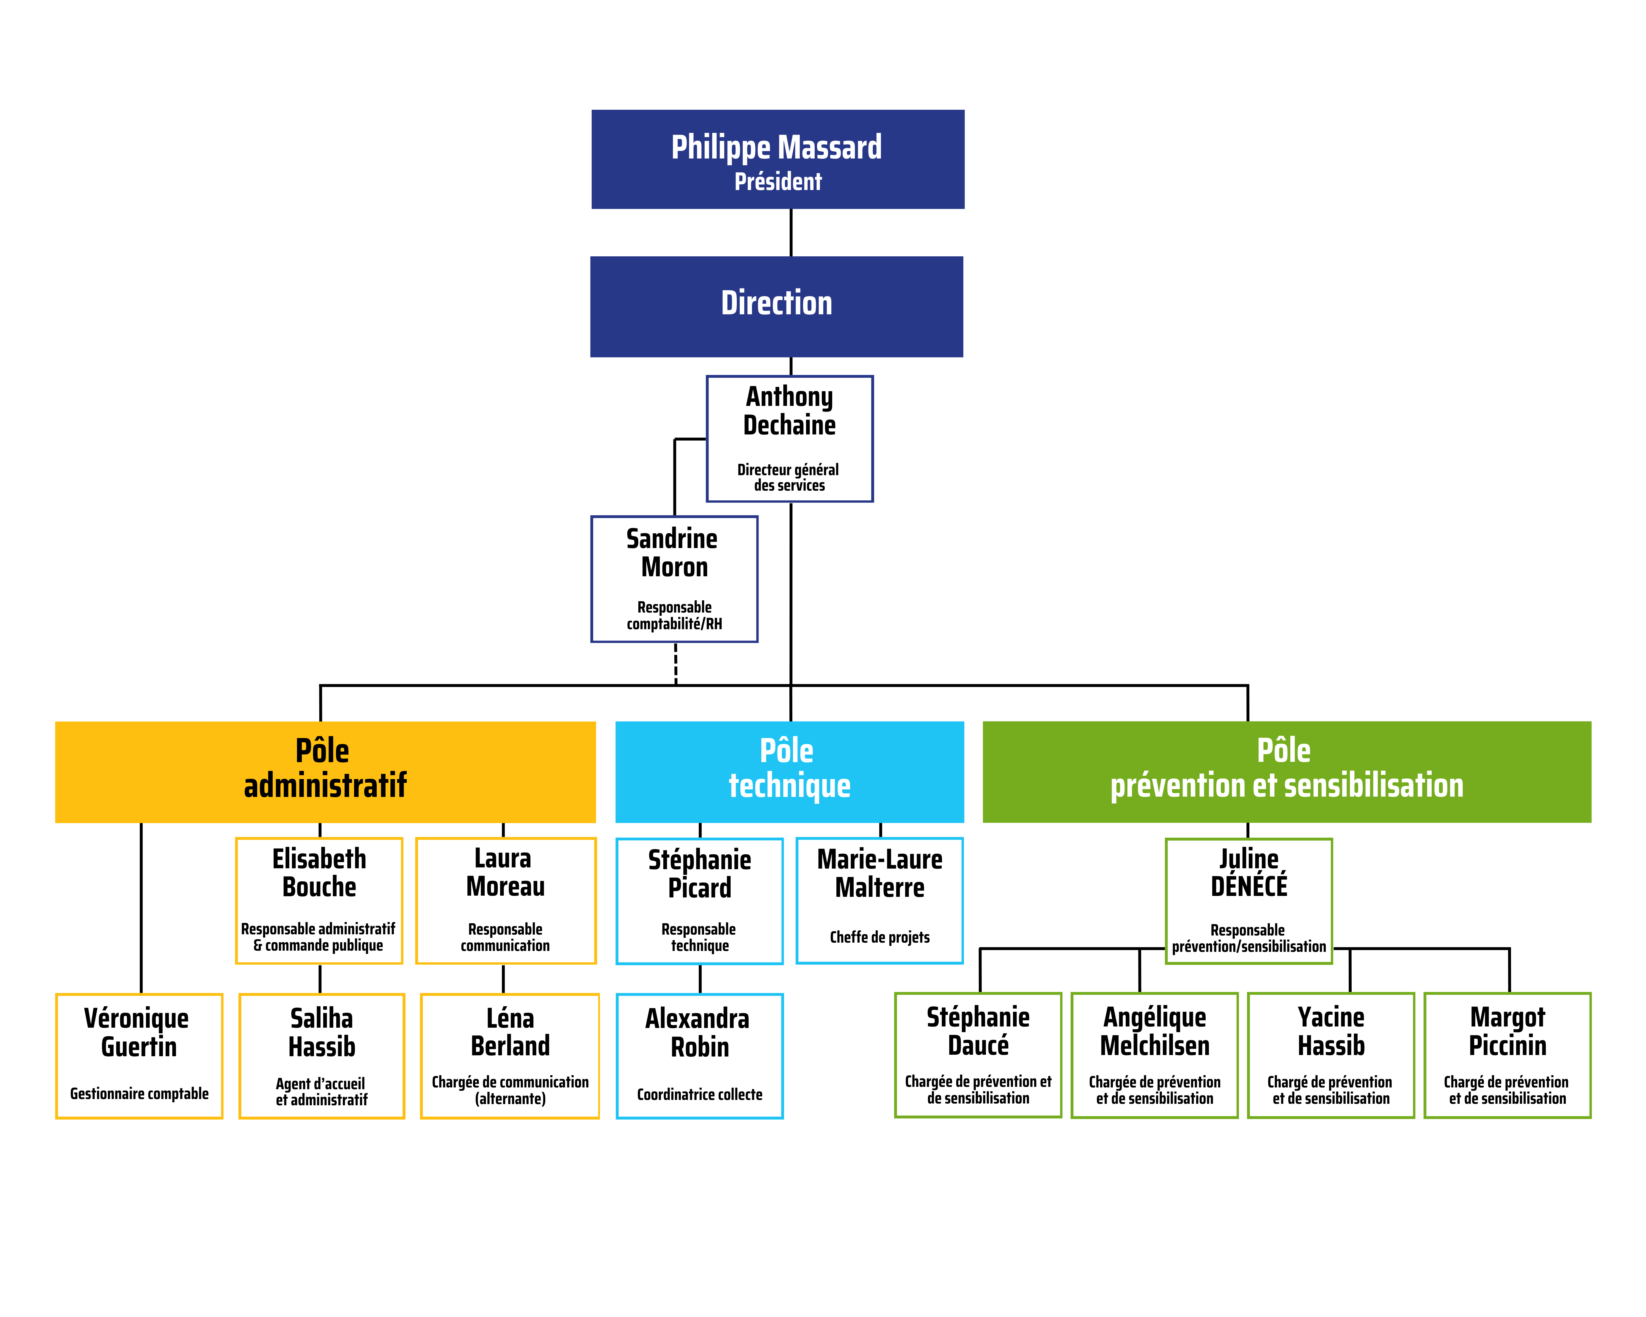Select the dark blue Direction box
tap(776, 306)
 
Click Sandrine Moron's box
tap(674, 579)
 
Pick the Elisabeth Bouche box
tap(319, 901)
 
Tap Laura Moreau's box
tap(505, 901)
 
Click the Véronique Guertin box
tap(139, 1056)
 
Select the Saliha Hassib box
tap(321, 1056)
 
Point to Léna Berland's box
tap(510, 1056)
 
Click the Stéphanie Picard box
tap(699, 901)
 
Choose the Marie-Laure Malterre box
tap(879, 901)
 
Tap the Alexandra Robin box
tap(699, 1056)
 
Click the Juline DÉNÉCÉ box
tap(1248, 901)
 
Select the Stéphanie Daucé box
tap(978, 1055)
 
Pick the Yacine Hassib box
tap(1331, 1055)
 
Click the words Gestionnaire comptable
tap(139, 1093)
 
